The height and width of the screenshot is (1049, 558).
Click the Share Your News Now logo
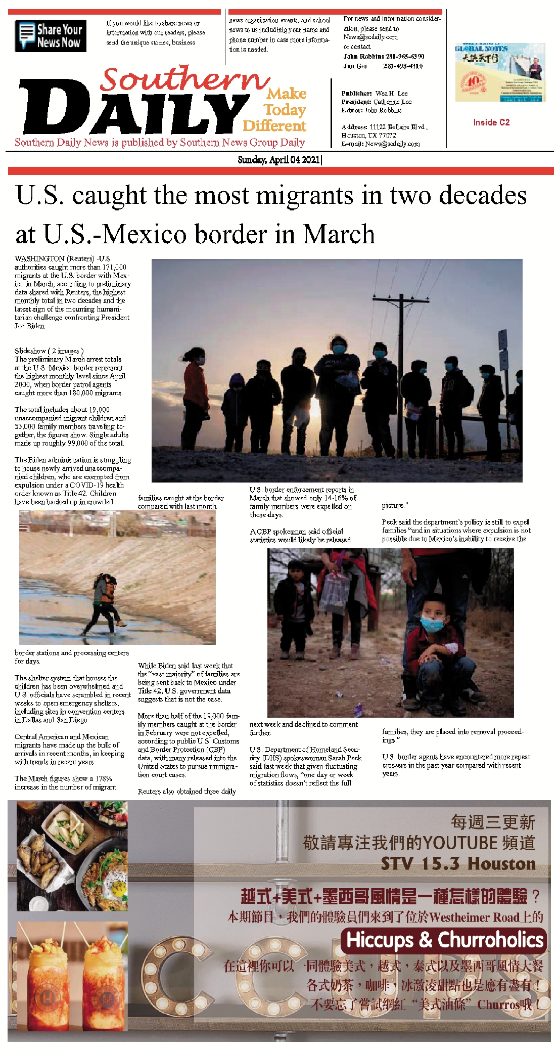(51, 36)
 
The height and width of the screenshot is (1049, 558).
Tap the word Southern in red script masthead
(184, 79)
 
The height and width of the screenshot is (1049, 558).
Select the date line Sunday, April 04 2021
(280, 160)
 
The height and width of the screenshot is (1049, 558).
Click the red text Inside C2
(491, 122)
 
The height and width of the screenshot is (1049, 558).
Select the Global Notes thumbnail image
(500, 72)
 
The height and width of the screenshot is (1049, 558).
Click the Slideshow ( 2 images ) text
(49, 351)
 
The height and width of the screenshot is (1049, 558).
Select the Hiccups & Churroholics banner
(444, 940)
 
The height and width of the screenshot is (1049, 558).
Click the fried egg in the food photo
(119, 889)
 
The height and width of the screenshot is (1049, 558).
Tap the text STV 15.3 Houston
(458, 863)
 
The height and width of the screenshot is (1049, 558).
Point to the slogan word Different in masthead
(274, 125)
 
